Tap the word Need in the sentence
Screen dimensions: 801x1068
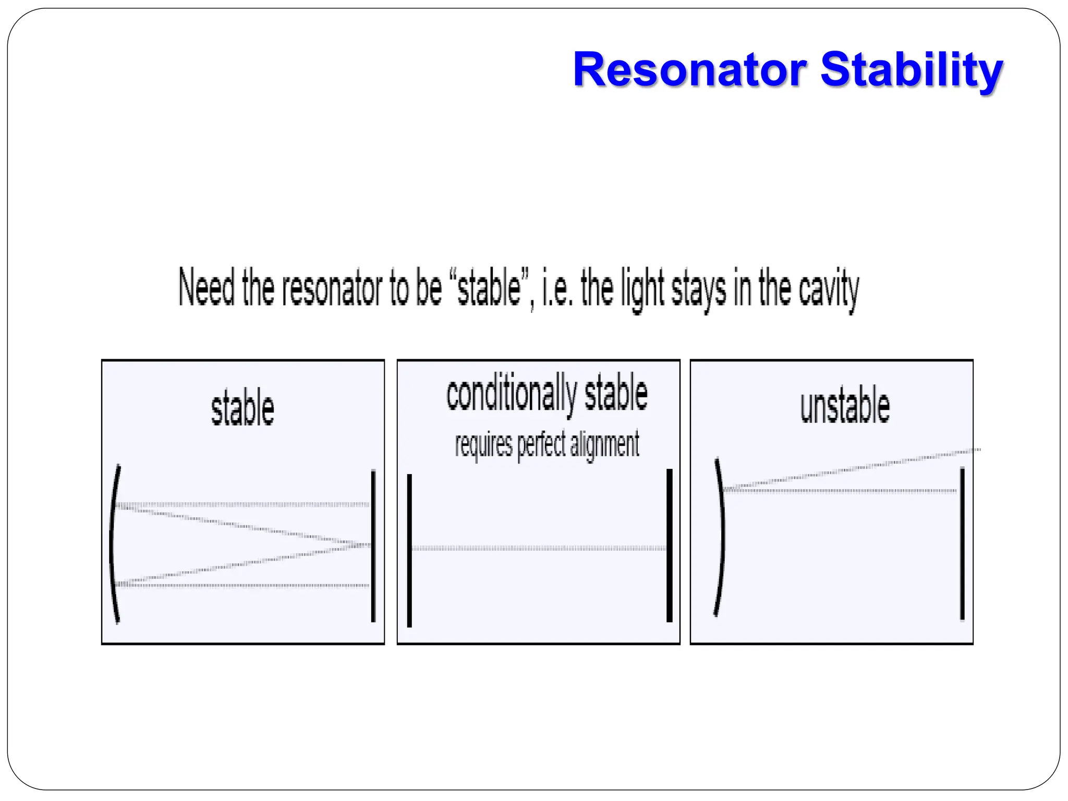point(206,287)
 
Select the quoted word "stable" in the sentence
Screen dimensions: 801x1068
point(489,287)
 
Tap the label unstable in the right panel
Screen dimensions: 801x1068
point(845,406)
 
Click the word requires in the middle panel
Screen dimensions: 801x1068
point(483,445)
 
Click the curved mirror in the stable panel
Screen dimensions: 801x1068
point(112,544)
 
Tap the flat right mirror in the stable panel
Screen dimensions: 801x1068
point(373,545)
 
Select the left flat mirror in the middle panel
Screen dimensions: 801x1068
point(409,550)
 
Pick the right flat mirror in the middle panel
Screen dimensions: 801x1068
point(670,545)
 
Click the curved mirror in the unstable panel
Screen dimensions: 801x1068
point(722,537)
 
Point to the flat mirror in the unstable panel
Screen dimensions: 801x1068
point(962,544)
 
